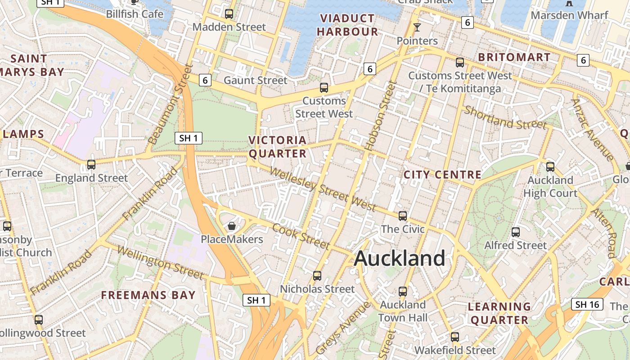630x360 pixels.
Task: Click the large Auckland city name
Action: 400,258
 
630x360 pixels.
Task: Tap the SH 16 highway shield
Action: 588,304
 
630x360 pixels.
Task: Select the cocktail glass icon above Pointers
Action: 417,27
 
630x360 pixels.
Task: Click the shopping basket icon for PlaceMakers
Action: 232,225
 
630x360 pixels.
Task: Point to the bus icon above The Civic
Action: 403,216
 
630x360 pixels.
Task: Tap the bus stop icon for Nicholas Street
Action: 317,275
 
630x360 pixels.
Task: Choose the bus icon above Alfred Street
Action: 516,232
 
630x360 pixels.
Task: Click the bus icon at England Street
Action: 91,164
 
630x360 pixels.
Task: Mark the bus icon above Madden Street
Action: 229,13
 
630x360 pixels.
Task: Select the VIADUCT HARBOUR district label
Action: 347,25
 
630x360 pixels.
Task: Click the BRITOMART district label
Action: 514,57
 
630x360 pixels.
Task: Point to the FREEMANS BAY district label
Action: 148,295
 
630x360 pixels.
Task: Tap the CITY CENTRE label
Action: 442,175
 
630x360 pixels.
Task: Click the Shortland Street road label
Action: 505,117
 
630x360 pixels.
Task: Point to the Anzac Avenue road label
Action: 592,130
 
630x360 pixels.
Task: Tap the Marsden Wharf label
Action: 569,15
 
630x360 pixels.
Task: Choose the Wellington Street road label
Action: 161,262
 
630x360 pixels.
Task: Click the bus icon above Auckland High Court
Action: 550,167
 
